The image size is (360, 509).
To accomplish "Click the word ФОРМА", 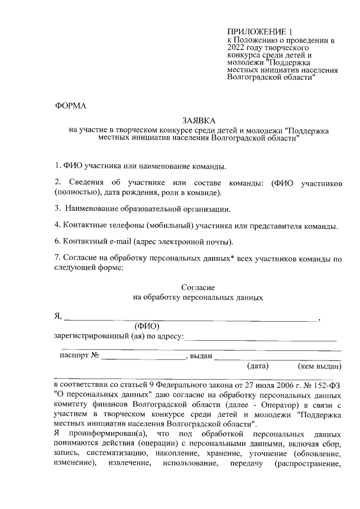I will [70, 106].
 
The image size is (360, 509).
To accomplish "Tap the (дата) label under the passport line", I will [258, 367].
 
